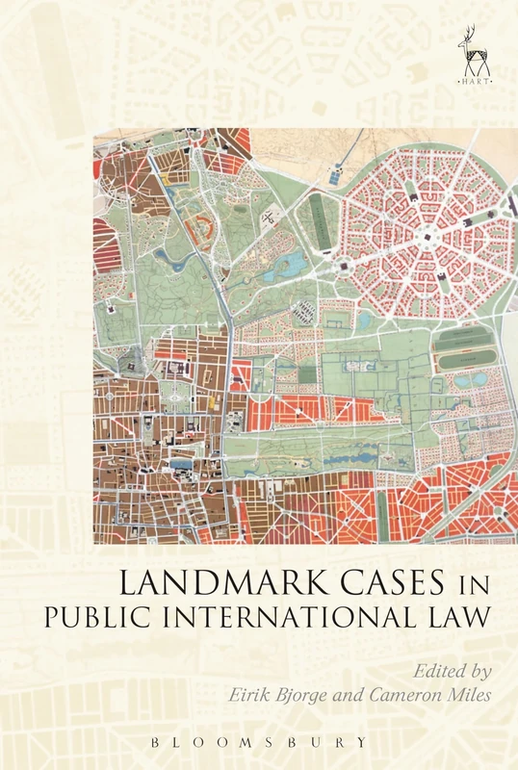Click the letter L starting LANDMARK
tap(126, 581)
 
